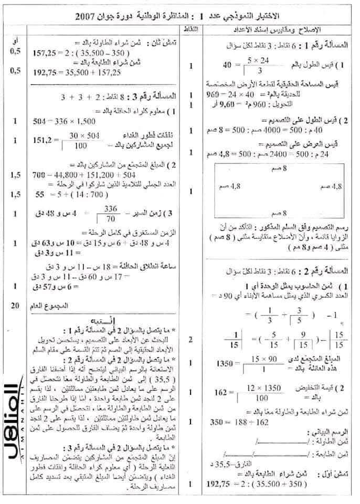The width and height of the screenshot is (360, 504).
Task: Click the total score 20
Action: [x=17, y=306]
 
